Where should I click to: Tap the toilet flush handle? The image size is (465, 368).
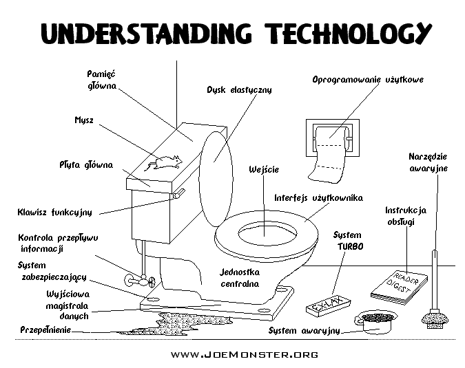pos(178,195)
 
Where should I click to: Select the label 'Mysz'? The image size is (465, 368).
pos(85,120)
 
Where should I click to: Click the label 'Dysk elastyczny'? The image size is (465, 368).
pos(239,90)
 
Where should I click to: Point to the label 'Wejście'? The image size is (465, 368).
pos(264,169)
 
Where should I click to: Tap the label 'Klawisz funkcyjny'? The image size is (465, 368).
pos(54,212)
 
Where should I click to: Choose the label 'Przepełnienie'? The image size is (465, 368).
pos(45,329)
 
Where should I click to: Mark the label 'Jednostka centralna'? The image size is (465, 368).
pos(240,277)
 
